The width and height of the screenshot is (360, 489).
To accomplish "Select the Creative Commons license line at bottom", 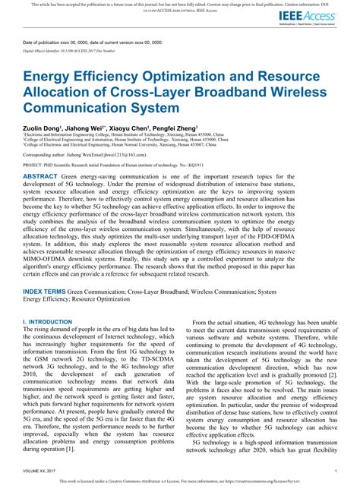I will (x=180, y=481).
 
